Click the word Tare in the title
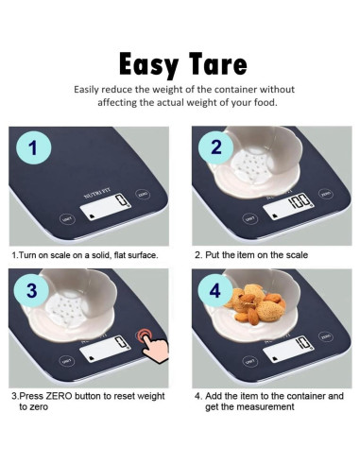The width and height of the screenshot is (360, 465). click(x=218, y=63)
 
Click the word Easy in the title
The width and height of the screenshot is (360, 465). click(x=148, y=65)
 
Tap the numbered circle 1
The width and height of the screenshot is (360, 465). click(x=33, y=147)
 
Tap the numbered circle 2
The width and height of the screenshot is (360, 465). click(x=216, y=147)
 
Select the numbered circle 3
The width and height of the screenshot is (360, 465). click(x=32, y=290)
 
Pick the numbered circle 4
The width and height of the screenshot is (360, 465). click(x=215, y=290)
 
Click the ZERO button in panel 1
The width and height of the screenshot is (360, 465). click(x=143, y=195)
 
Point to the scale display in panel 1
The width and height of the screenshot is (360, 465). click(x=106, y=206)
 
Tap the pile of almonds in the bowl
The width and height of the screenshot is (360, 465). click(x=255, y=303)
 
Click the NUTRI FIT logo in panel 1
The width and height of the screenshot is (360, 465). click(x=97, y=193)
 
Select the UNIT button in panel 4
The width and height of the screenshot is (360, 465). click(x=249, y=361)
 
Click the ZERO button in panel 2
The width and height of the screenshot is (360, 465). click(x=325, y=194)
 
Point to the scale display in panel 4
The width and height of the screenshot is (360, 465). click(x=288, y=349)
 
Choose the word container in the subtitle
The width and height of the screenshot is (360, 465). click(x=235, y=90)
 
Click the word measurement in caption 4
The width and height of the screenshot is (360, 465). click(x=266, y=406)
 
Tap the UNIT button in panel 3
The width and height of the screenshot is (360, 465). click(x=67, y=361)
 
